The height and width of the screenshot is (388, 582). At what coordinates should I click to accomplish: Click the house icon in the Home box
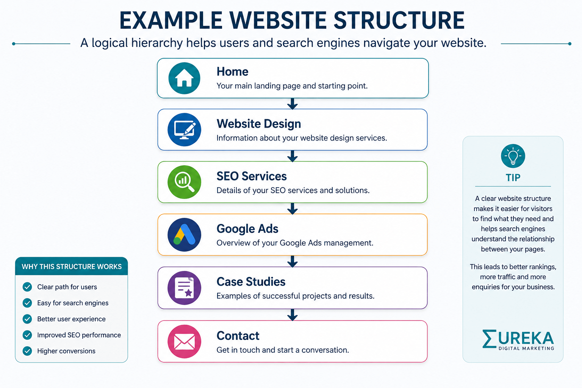coord(184,78)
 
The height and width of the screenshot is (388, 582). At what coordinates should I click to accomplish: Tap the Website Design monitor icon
coord(184,130)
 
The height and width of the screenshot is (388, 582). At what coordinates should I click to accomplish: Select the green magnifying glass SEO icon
coord(184,182)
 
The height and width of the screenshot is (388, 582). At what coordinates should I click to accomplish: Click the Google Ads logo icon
coord(184,235)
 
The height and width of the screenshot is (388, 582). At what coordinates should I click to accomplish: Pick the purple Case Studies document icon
coord(184,288)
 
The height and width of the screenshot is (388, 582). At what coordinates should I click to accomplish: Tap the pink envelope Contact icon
coord(184,341)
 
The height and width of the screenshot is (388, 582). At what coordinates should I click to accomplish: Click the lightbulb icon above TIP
coord(513,156)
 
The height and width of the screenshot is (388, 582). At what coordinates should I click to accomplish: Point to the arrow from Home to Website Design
coord(293,104)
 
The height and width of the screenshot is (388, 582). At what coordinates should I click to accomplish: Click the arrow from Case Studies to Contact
coord(293,315)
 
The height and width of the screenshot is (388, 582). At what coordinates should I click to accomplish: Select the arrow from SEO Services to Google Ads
coord(293,208)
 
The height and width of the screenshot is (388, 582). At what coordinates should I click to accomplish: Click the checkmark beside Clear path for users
coord(27,287)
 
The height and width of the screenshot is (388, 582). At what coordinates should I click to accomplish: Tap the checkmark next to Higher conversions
coord(27,351)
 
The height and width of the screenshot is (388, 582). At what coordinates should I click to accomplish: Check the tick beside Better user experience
coord(27,319)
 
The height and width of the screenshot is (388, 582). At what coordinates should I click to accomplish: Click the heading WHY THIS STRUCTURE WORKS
coord(72,267)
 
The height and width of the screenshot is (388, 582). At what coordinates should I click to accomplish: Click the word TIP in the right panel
coord(513,178)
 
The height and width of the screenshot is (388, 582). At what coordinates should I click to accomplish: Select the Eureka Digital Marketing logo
coord(518,340)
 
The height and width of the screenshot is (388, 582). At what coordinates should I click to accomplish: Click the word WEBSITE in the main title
coord(278,20)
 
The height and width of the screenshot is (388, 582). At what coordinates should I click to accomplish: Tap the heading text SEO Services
coord(252,176)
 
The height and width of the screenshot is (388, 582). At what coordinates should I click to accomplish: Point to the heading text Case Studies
coord(251,282)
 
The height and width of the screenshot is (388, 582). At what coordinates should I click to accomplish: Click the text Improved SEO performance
coord(79,335)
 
